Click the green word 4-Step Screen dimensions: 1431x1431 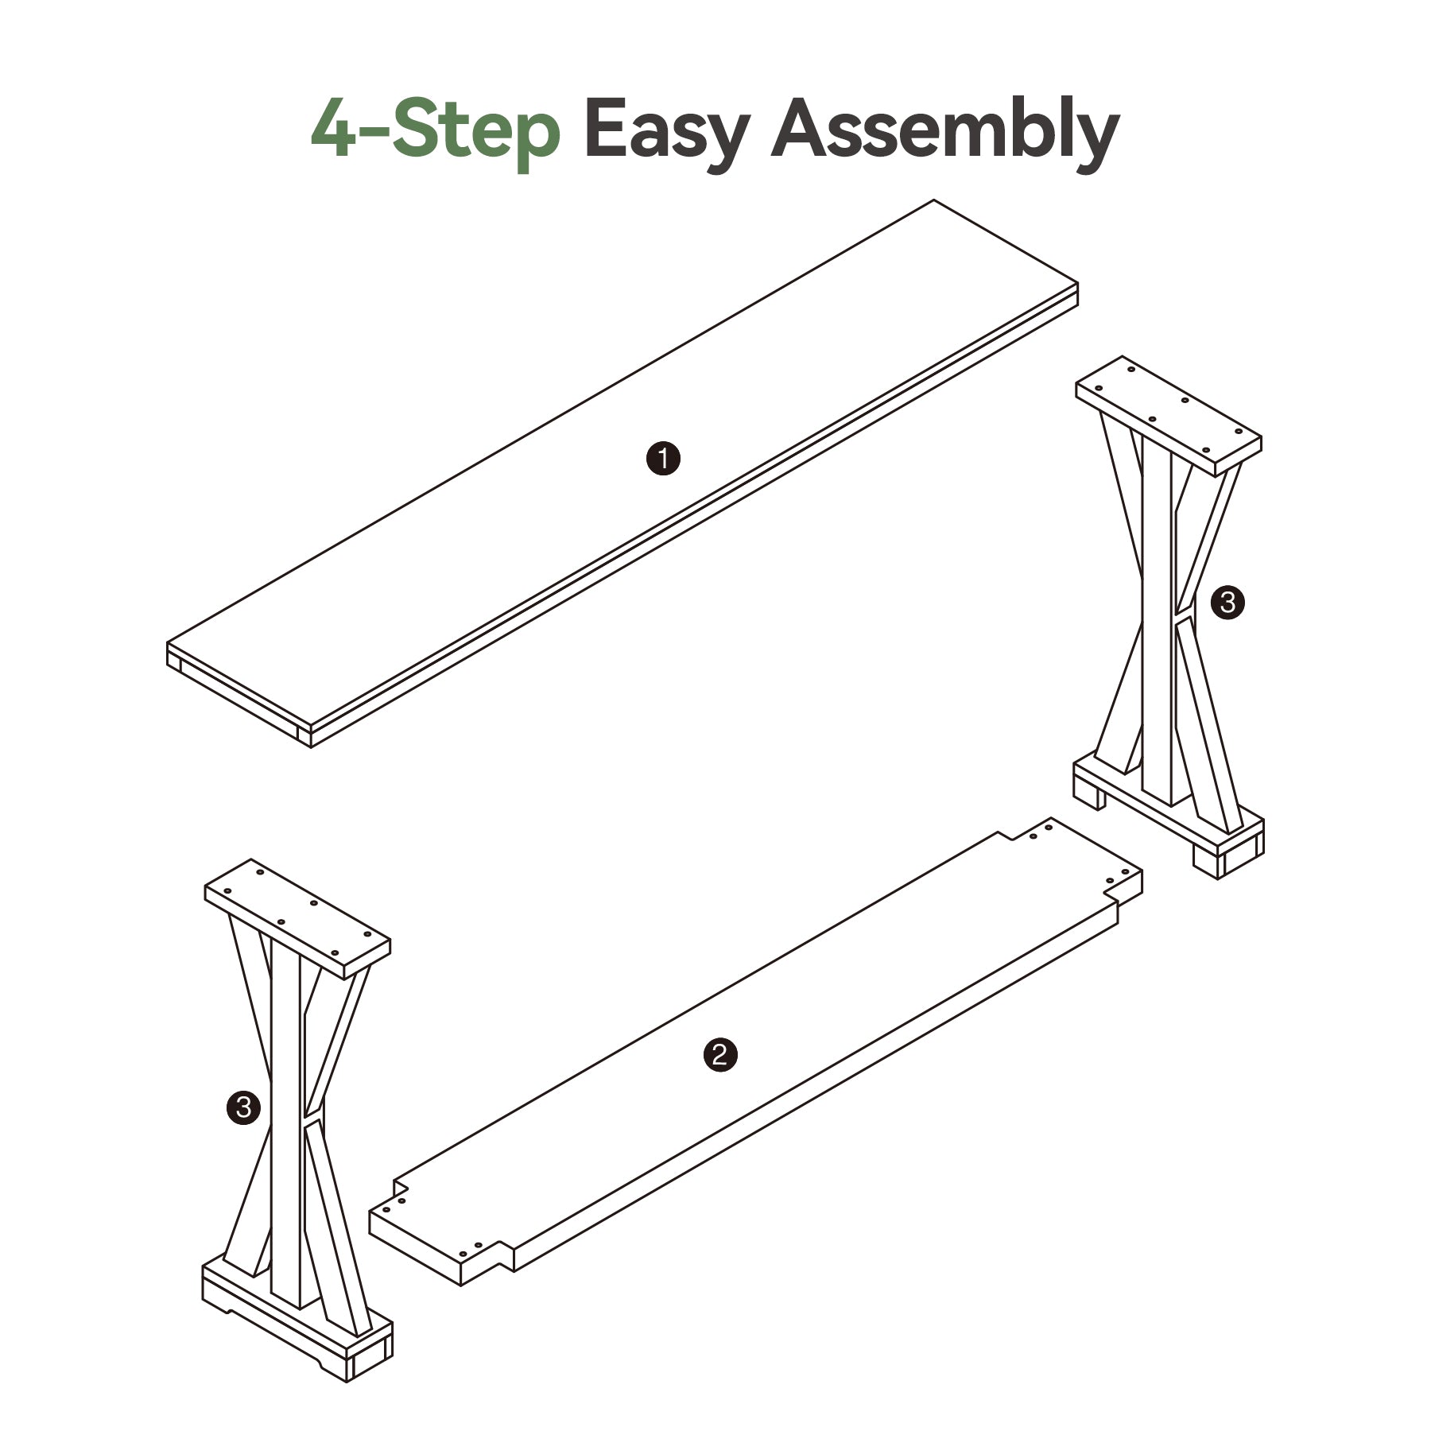pos(436,131)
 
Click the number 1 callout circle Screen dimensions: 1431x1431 pos(663,460)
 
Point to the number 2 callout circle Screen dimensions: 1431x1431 pos(720,1055)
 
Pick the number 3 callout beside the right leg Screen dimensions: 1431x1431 pos(1227,603)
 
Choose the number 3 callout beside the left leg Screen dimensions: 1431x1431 pos(243,1107)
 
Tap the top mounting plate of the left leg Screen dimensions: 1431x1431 pos(298,918)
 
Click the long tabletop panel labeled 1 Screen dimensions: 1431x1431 pos(622,474)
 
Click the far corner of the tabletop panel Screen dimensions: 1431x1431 pos(933,200)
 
